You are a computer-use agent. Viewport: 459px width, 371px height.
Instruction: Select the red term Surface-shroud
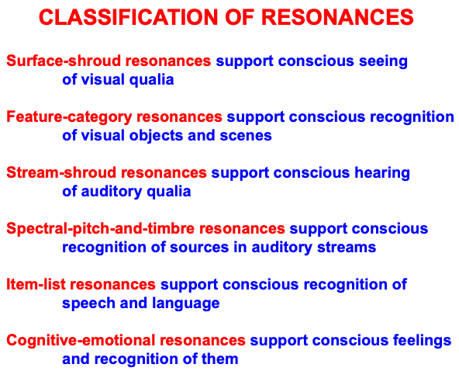[64, 61]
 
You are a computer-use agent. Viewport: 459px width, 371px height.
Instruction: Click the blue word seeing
[383, 61]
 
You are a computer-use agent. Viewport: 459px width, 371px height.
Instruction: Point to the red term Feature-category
[69, 117]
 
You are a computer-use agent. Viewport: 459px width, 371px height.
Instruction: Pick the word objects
[157, 136]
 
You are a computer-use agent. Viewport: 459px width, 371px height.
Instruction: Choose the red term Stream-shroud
[61, 172]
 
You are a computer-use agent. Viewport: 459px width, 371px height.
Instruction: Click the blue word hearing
[382, 173]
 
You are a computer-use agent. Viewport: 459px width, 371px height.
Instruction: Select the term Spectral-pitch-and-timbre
[101, 229]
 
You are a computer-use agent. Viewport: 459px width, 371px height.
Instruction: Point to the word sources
[199, 248]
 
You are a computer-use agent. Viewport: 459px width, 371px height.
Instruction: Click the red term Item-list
[36, 284]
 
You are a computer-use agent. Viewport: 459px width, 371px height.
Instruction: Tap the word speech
[88, 303]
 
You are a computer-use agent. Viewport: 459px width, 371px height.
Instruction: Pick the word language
[186, 303]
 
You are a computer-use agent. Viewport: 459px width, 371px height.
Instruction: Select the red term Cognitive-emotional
[81, 341]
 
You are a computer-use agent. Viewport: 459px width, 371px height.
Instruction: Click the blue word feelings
[422, 341]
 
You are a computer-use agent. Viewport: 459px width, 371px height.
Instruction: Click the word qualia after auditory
[168, 192]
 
